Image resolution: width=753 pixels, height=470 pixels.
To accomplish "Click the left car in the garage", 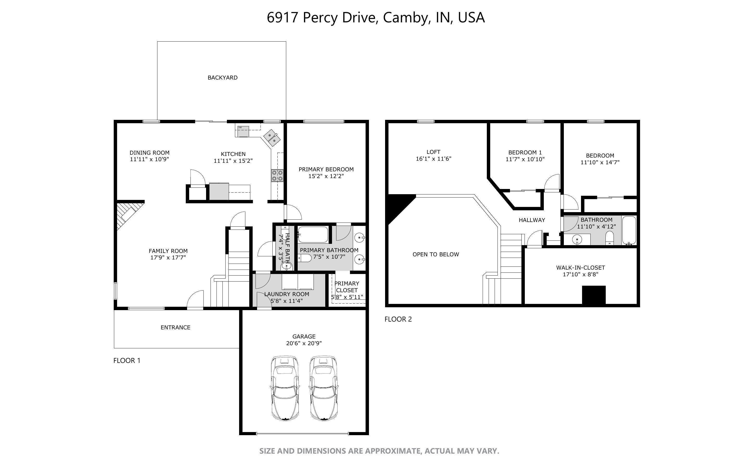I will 285,388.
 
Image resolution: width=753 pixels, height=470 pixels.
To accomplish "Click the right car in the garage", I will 324,388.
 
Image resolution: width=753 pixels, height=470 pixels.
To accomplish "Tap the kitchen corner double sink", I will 272,138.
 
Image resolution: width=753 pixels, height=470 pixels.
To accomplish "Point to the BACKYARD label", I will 222,78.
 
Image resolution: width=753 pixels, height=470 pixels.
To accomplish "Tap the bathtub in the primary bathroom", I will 313,235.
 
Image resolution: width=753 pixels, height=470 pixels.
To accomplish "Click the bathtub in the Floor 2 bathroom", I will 629,230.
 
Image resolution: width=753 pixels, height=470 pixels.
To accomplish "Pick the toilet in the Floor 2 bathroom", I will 610,238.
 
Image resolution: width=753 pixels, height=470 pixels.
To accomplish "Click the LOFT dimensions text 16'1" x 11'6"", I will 433,159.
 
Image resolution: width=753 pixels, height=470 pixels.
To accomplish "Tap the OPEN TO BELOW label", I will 436,254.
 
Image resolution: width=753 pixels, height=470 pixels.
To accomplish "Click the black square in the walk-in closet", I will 594,295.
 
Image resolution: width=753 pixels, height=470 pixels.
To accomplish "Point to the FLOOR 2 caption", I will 398,319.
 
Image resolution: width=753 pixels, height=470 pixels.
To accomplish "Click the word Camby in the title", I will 405,18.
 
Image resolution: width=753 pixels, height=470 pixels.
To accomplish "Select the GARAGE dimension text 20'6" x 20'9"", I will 304,343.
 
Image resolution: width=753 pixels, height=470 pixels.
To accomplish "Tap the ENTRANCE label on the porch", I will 175,327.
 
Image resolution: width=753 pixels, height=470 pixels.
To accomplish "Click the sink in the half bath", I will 286,266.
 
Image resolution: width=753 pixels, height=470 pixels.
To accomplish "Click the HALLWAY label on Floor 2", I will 532,220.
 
